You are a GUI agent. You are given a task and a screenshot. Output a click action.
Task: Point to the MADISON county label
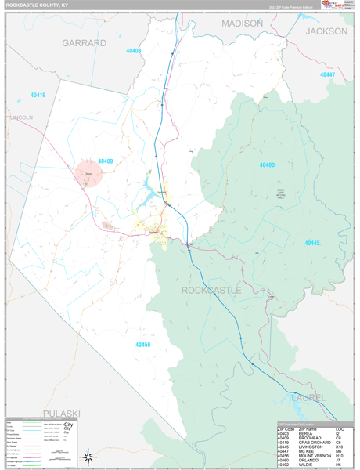[242, 23]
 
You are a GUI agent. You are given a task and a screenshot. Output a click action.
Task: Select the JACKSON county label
[326, 31]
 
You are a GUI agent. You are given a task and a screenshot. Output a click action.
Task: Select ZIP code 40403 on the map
[134, 51]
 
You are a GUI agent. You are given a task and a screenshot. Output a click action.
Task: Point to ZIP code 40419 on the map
[37, 96]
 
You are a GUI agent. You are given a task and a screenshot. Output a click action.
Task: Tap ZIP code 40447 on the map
[326, 74]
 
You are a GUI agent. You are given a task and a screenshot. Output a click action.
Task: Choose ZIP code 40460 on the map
[267, 165]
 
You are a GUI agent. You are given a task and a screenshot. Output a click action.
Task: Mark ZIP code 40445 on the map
[312, 243]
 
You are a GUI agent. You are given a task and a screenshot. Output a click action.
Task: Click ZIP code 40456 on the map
[142, 345]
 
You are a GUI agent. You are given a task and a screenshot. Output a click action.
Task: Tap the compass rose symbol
[90, 456]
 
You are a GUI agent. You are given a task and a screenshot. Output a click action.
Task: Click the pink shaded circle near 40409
[88, 173]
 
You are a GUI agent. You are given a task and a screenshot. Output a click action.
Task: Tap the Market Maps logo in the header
[326, 5]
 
